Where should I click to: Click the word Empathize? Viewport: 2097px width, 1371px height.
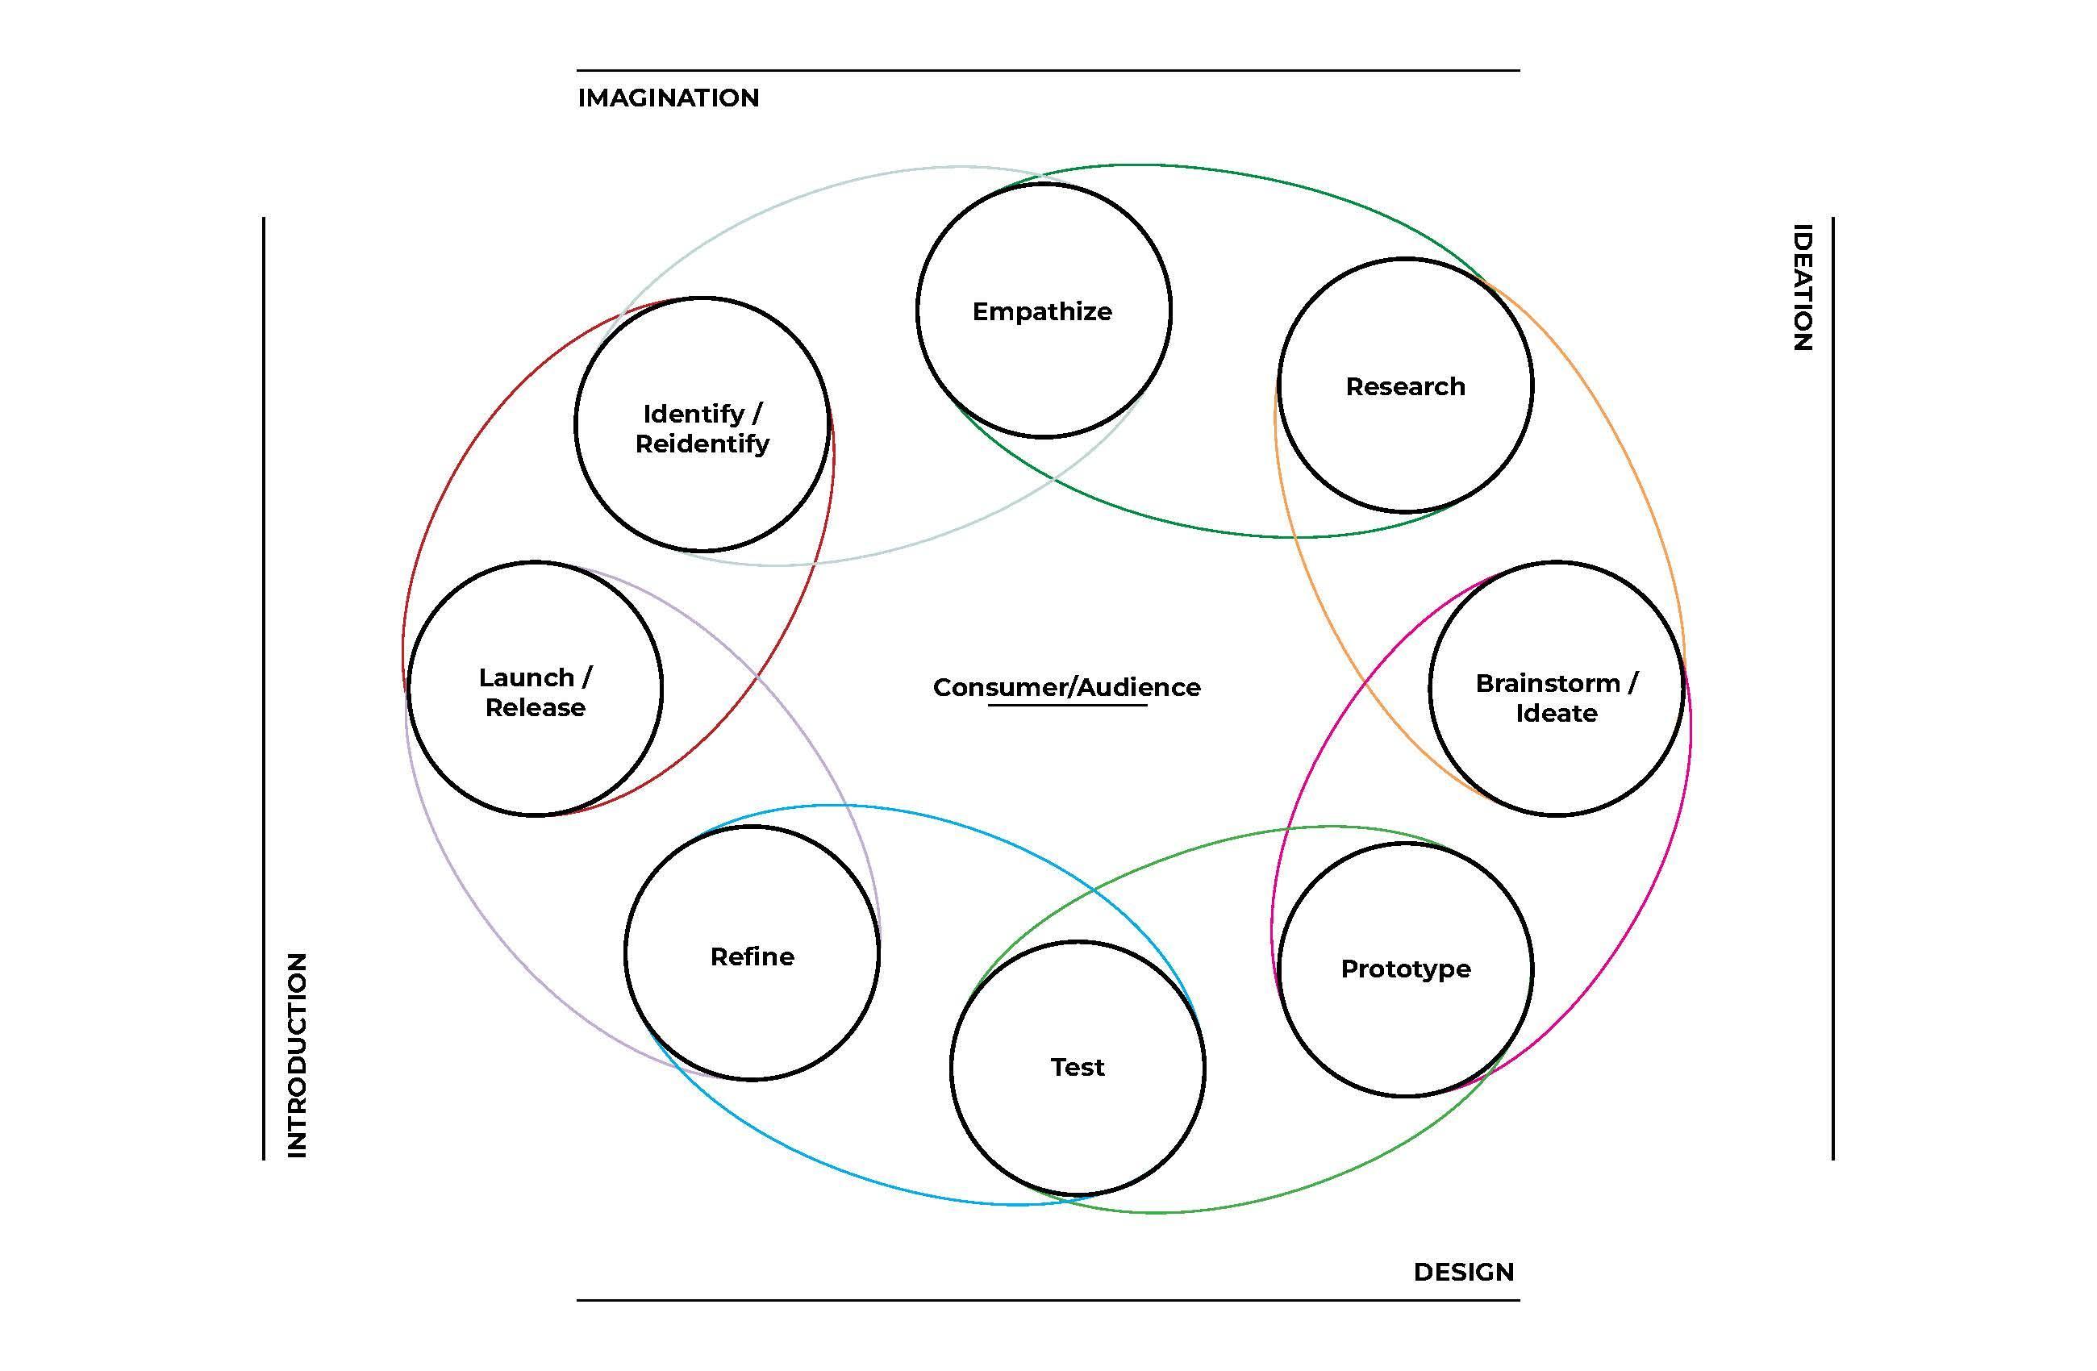coord(1041,311)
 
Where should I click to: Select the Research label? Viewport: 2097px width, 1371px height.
coord(1404,386)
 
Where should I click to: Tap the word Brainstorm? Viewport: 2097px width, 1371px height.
coord(1546,683)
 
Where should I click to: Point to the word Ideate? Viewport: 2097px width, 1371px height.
coord(1556,713)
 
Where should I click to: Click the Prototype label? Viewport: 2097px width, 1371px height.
coord(1405,969)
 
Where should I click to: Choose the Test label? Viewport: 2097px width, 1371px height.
coord(1077,1067)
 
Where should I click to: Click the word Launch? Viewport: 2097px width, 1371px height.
coord(526,677)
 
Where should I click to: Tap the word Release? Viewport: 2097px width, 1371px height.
coord(535,707)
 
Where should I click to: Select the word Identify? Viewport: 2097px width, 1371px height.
coord(694,413)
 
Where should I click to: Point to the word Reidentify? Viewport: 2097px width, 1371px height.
coord(702,444)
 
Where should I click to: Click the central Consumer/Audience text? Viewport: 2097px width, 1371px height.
coord(1066,686)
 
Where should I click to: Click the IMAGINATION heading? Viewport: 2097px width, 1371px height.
coord(668,98)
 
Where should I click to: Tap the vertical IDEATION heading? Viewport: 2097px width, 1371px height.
coord(1803,287)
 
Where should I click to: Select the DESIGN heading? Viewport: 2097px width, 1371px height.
coord(1464,1272)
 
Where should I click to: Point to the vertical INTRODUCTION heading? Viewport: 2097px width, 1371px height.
coord(298,1055)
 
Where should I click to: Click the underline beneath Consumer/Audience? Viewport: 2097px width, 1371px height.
coord(1067,705)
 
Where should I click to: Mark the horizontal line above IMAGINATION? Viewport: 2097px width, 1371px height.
coord(1048,70)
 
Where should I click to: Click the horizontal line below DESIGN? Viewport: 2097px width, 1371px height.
coord(1048,1300)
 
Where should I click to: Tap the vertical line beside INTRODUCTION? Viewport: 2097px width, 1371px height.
coord(264,687)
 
